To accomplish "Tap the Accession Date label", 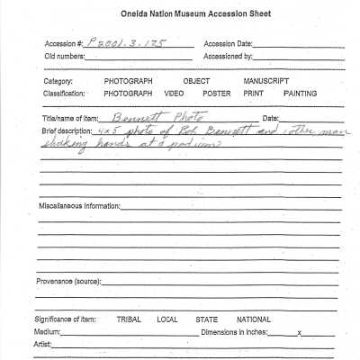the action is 229,44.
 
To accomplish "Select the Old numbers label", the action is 65,56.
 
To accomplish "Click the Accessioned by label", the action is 229,56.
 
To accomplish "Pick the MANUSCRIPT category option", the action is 265,81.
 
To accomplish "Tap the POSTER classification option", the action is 216,93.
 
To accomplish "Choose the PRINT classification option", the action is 252,93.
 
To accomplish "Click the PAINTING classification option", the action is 300,93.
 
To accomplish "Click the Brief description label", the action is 67,130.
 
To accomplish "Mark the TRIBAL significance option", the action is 131,319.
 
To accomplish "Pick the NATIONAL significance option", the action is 253,319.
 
